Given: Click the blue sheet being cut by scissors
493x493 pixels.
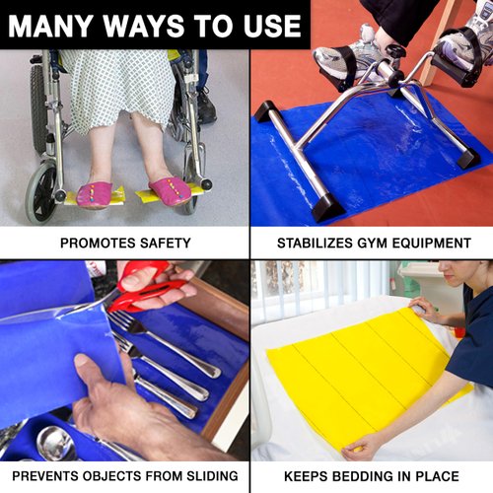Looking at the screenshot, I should [59, 355].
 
